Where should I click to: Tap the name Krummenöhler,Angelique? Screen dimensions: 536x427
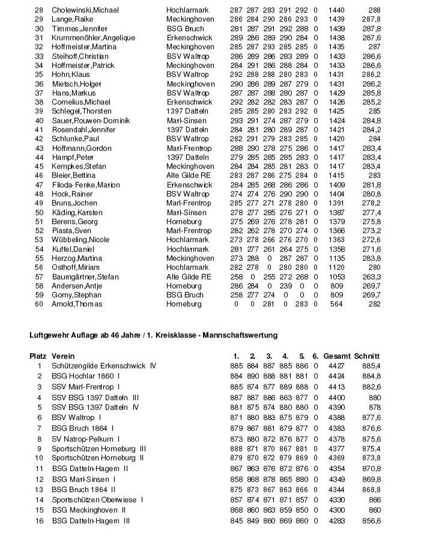click(x=93, y=38)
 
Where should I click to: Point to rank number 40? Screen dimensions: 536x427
click(x=40, y=120)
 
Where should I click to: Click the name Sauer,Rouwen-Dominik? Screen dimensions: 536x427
click(x=91, y=120)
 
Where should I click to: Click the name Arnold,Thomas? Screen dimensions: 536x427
click(x=77, y=304)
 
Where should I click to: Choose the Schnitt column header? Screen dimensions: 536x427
click(x=368, y=356)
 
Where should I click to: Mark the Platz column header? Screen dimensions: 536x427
click(x=38, y=356)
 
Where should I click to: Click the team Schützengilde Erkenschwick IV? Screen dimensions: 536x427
click(x=104, y=365)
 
